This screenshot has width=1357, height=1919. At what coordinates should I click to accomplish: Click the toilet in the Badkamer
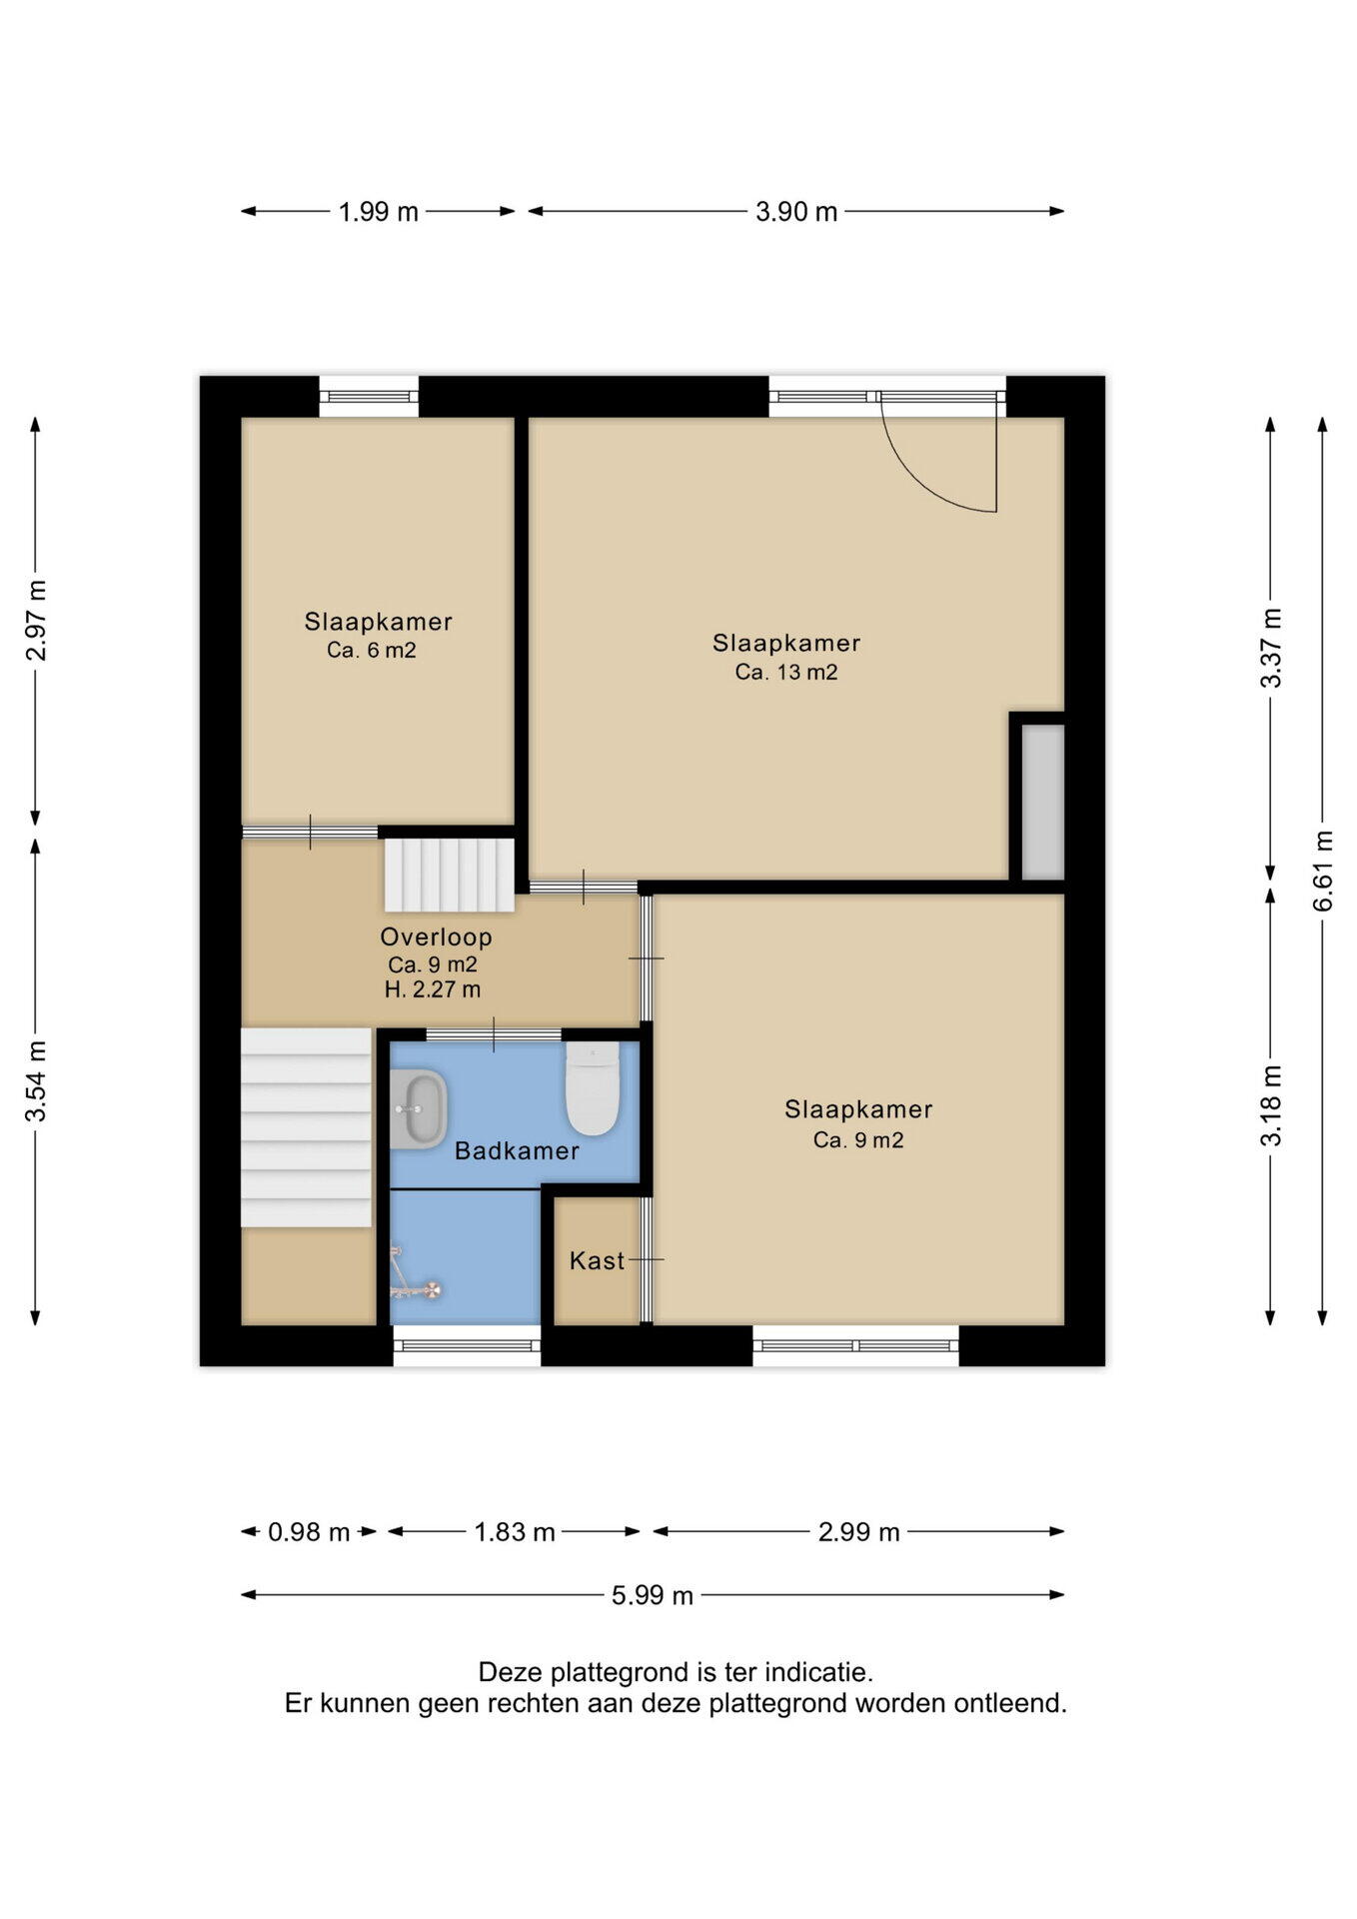[x=593, y=1088]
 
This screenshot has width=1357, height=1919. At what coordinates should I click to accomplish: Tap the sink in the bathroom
[x=418, y=1109]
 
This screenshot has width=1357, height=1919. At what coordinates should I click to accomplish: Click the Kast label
[x=597, y=1261]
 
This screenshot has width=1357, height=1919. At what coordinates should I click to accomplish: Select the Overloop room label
[x=436, y=938]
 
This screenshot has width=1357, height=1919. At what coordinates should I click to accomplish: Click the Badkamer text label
[x=517, y=1151]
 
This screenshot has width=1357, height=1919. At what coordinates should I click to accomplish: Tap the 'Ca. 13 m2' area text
[x=786, y=673]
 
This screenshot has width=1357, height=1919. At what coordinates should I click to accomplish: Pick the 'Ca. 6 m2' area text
[x=372, y=651]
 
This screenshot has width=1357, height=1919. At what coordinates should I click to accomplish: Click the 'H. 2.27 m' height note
[x=433, y=990]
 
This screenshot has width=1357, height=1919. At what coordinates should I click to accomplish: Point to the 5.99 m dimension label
[x=653, y=1596]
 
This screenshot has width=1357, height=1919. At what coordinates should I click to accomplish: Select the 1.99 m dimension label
[x=379, y=212]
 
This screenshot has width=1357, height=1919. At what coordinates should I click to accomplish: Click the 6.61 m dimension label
[x=1323, y=871]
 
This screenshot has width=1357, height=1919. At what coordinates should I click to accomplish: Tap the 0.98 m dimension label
[x=309, y=1532]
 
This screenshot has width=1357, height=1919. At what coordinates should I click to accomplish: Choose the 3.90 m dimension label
[x=796, y=212]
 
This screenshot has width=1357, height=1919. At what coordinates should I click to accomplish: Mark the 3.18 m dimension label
[x=1271, y=1105]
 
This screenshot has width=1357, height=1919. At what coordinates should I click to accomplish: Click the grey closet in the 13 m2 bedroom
[x=1042, y=803]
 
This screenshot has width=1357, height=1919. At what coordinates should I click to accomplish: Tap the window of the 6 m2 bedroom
[x=369, y=398]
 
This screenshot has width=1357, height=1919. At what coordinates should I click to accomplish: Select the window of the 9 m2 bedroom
[x=856, y=1345]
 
